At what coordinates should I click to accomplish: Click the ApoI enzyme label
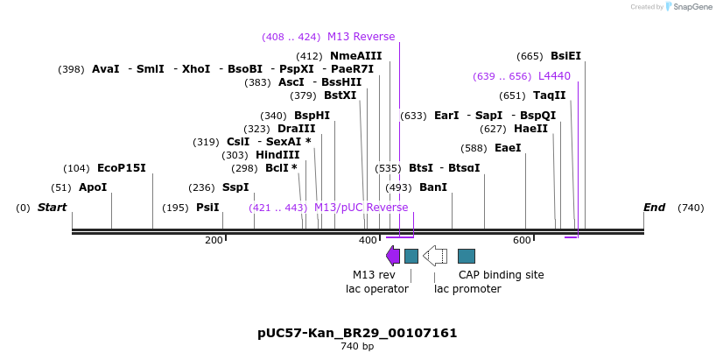[92, 187]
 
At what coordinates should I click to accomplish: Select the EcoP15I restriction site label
[122, 168]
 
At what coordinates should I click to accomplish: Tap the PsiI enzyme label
[207, 208]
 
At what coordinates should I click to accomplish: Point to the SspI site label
[235, 187]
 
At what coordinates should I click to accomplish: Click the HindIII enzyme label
[277, 155]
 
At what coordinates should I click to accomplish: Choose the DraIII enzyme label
[296, 129]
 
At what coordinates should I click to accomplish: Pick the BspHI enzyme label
[312, 116]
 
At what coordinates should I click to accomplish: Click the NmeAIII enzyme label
[356, 56]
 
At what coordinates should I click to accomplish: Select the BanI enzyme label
[433, 187]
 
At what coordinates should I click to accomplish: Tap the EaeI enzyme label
[508, 148]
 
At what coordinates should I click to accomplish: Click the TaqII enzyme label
[550, 95]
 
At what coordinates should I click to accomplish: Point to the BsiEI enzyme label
[565, 56]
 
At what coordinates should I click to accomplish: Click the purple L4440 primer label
[554, 76]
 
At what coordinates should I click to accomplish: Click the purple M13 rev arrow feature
[393, 256]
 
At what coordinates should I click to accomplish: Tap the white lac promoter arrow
[435, 256]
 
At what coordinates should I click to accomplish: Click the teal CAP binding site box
[467, 256]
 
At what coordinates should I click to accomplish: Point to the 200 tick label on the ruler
[214, 240]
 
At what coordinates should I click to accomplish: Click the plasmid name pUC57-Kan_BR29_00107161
[357, 333]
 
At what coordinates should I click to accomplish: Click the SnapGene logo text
[691, 7]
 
